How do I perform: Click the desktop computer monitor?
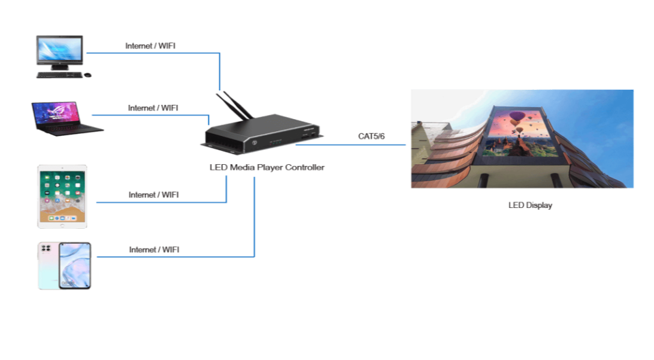[x=59, y=50]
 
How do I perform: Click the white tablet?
[x=62, y=195]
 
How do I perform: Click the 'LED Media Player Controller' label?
[x=267, y=168]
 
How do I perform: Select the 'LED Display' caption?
[x=530, y=205]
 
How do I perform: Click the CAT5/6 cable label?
[x=371, y=137]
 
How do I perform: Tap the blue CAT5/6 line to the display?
[x=365, y=144]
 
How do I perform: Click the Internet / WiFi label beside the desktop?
[x=150, y=46]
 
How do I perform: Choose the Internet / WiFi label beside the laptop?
[x=153, y=108]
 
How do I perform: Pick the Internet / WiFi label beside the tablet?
[x=153, y=194]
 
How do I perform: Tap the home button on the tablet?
[x=62, y=223]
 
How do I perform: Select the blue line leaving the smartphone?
[x=174, y=257]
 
